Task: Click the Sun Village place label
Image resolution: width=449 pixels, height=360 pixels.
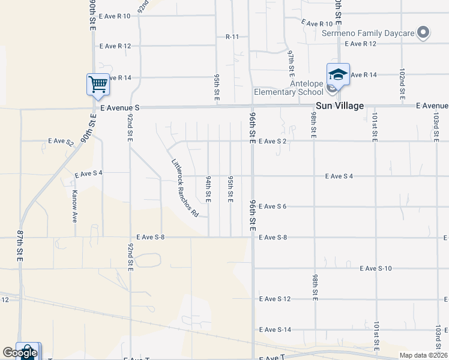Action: pyautogui.click(x=340, y=106)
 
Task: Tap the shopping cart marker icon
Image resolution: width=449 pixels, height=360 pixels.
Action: pyautogui.click(x=97, y=84)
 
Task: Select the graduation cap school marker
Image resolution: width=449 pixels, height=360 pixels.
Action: pyautogui.click(x=338, y=74)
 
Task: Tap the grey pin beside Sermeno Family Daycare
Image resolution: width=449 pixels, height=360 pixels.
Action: pyautogui.click(x=424, y=32)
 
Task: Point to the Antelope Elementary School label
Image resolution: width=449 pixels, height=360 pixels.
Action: pyautogui.click(x=288, y=88)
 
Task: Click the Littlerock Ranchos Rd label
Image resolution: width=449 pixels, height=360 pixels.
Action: pyautogui.click(x=185, y=187)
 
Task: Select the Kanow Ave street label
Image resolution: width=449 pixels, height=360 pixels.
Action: pyautogui.click(x=75, y=206)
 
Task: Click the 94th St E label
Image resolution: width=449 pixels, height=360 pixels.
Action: pyautogui.click(x=208, y=188)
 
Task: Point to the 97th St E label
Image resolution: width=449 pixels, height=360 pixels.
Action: pyautogui.click(x=291, y=62)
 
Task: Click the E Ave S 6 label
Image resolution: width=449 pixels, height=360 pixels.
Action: pyautogui.click(x=273, y=206)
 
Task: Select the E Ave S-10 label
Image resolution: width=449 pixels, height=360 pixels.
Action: pyautogui.click(x=376, y=268)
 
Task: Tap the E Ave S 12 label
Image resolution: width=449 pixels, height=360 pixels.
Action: pyautogui.click(x=274, y=299)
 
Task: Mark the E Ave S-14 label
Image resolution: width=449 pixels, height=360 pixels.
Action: pyautogui.click(x=275, y=330)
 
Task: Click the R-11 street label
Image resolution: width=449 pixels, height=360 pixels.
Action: pyautogui.click(x=232, y=37)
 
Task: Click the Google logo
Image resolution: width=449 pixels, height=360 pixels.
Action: pyautogui.click(x=20, y=353)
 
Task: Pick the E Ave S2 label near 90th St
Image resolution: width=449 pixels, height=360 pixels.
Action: pyautogui.click(x=61, y=142)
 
